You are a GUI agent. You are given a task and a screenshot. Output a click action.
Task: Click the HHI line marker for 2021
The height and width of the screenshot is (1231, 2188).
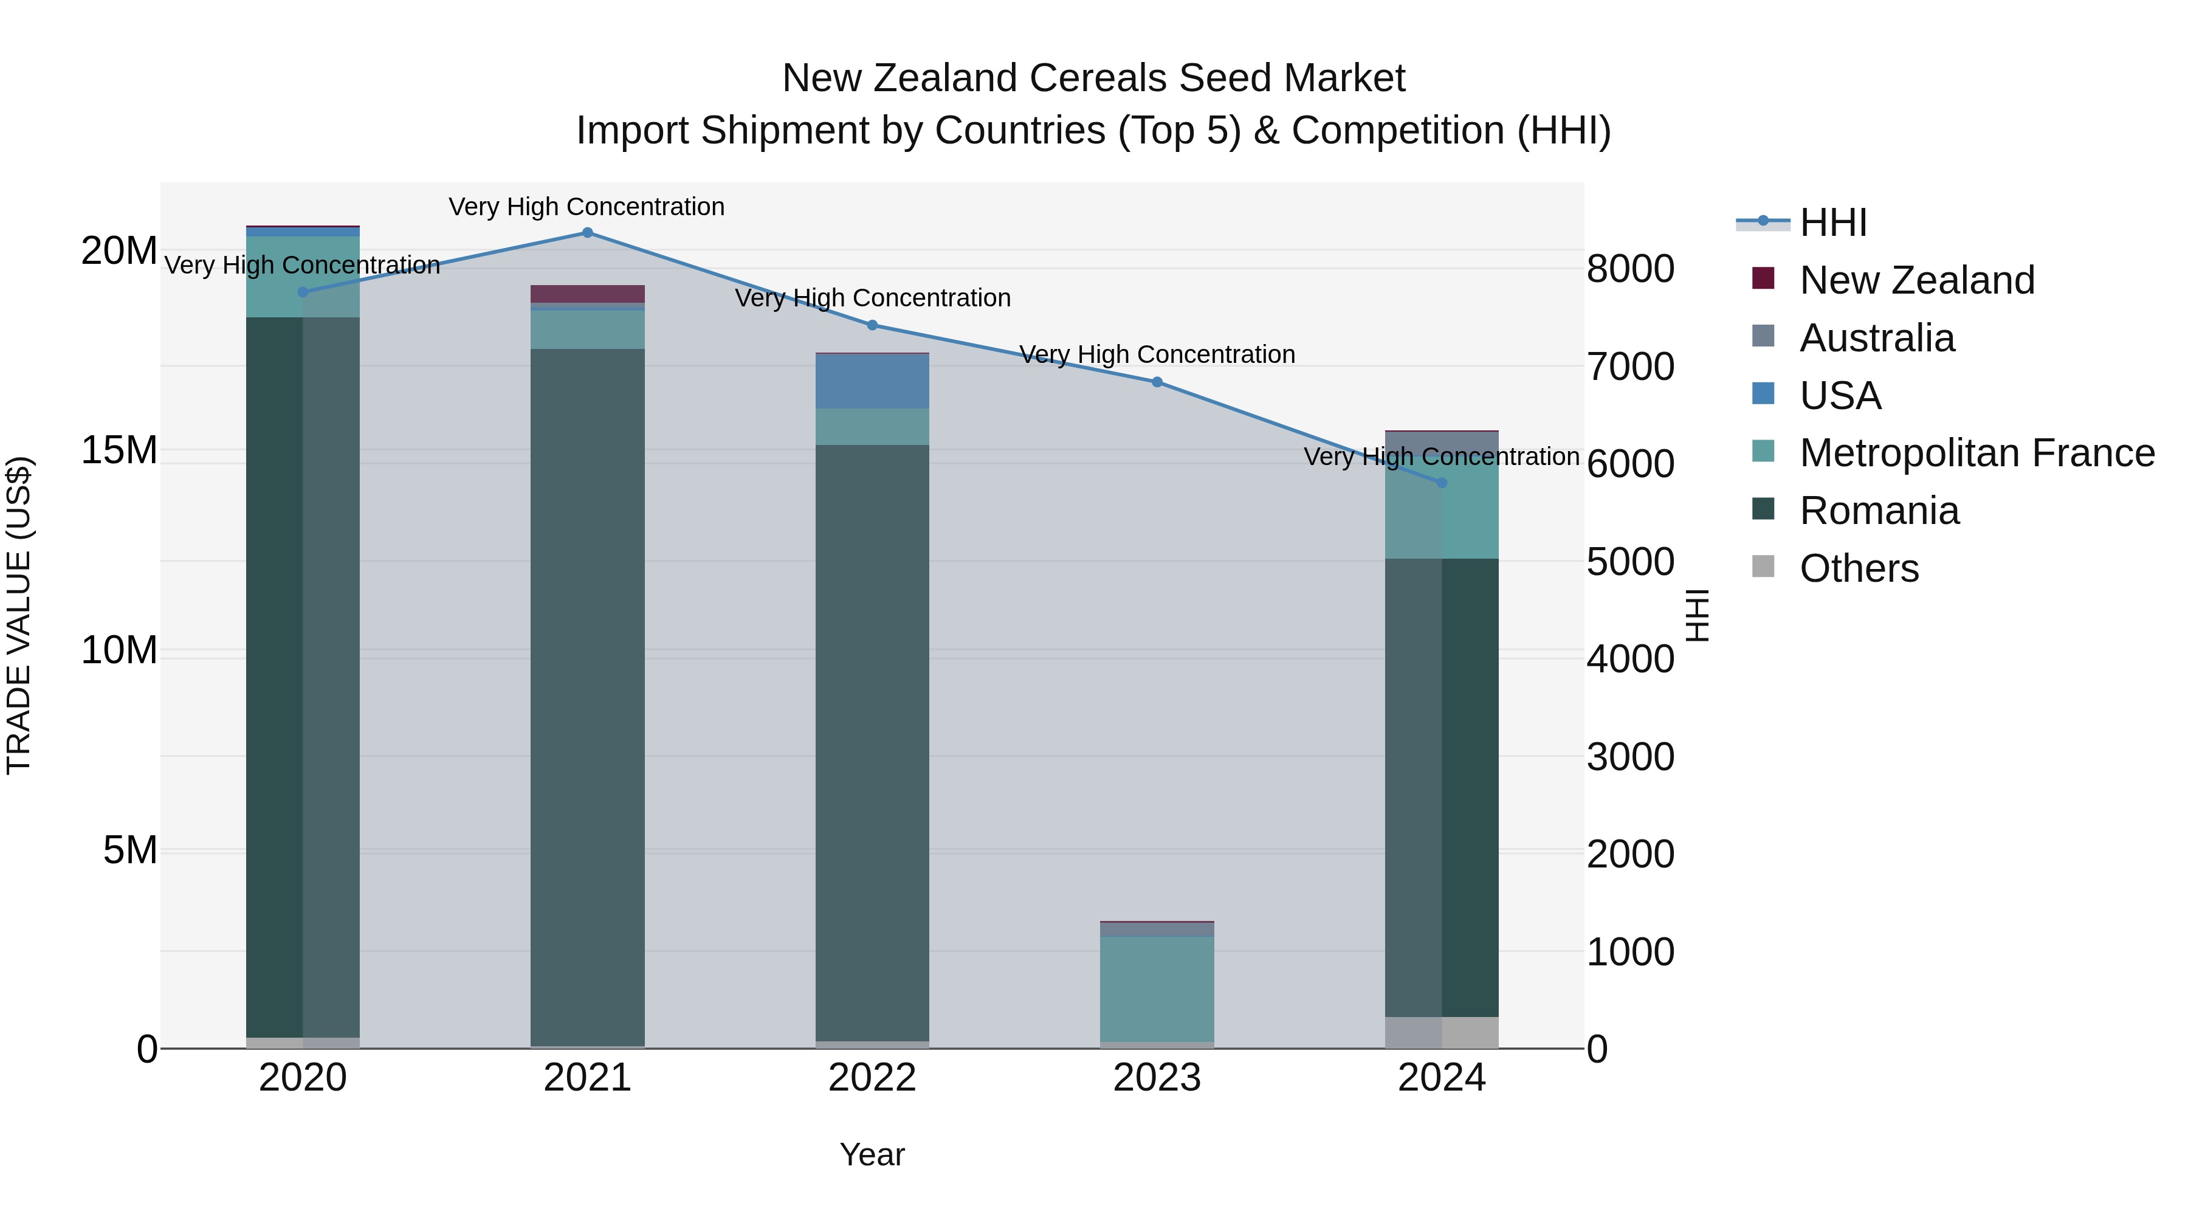pos(587,233)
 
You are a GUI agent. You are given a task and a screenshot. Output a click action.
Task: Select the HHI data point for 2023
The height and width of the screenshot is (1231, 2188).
pos(1157,382)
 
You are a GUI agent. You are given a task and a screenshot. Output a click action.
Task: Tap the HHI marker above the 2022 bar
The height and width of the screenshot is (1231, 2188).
pos(872,325)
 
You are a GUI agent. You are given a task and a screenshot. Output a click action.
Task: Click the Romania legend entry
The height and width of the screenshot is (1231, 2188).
pos(1878,511)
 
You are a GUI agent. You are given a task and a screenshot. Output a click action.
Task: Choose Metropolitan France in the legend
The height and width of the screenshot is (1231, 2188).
pos(1976,453)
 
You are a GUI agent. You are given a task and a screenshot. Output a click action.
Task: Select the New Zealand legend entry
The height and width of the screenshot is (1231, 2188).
pos(1916,280)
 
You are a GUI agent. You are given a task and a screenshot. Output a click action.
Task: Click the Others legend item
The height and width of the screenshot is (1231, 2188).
pos(1859,568)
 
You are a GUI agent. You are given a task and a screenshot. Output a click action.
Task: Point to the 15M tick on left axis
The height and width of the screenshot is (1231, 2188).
pos(119,450)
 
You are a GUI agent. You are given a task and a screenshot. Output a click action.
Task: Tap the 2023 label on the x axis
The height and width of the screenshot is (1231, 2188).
pos(1157,1078)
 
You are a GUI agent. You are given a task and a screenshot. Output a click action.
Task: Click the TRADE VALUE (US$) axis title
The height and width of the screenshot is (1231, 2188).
pos(19,615)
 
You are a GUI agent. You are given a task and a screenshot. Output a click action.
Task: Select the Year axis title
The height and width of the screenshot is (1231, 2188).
pos(872,1154)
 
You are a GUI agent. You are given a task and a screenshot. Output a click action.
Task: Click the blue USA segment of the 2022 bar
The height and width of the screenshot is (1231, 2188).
pos(872,381)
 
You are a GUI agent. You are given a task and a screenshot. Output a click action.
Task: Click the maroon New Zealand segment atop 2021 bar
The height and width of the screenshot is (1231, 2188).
pos(587,294)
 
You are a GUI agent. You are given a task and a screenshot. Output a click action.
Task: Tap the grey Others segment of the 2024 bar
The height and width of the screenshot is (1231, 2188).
pos(1442,1032)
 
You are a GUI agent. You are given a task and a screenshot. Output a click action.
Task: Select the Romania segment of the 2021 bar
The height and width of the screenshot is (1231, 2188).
pos(587,697)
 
